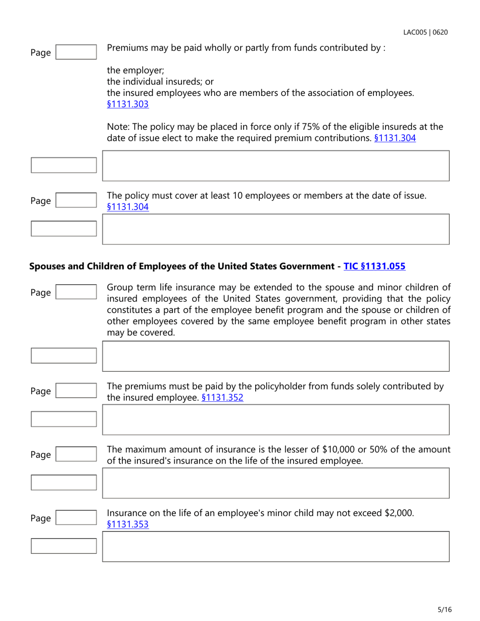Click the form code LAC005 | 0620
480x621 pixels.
click(425, 33)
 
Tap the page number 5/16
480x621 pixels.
click(445, 609)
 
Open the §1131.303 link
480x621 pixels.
click(128, 105)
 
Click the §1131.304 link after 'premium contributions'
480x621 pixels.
click(395, 138)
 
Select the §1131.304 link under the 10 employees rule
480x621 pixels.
click(128, 206)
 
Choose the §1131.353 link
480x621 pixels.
click(128, 524)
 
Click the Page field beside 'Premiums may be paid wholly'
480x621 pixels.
click(75, 52)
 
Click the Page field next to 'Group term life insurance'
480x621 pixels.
click(75, 292)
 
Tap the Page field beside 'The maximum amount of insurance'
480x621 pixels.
click(75, 455)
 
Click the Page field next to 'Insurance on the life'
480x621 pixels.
click(75, 518)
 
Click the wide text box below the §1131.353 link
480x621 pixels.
click(275, 546)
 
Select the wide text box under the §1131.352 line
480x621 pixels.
click(275, 420)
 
